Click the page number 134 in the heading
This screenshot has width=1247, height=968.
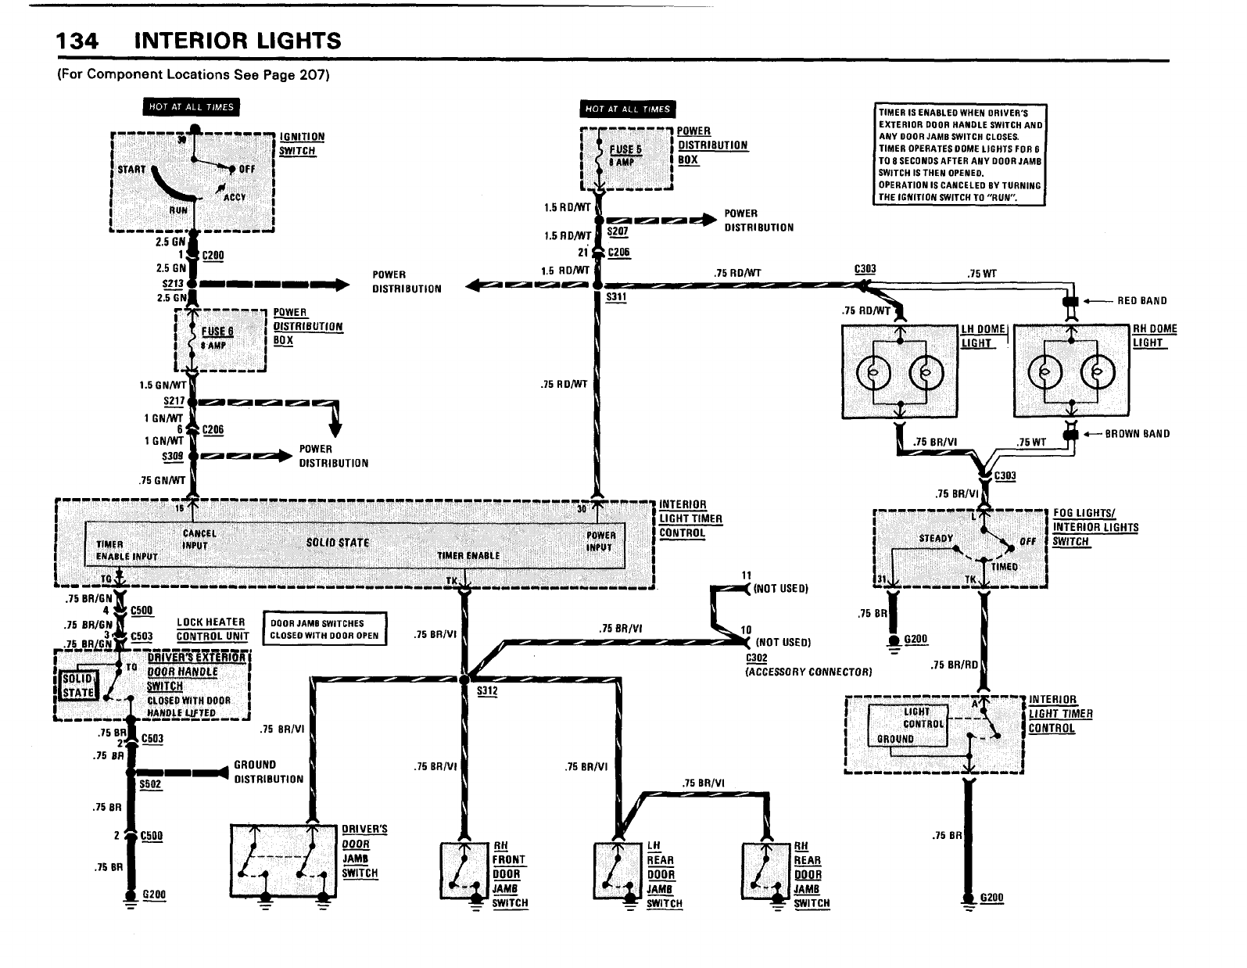pos(77,41)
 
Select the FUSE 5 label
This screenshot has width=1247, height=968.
pos(625,149)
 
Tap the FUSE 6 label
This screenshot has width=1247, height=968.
pos(217,332)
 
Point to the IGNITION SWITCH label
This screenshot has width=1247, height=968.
pos(301,144)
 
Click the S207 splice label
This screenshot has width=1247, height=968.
pos(617,232)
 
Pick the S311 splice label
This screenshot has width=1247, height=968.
pos(616,297)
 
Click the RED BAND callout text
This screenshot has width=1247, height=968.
pos(1141,301)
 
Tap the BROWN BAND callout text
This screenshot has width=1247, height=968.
pos(1137,434)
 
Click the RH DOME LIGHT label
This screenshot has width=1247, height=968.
pos(1154,336)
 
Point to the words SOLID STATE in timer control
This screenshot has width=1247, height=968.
pos(338,543)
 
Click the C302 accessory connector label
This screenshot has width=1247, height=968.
pos(757,658)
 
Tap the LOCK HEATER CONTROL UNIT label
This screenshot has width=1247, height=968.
pos(212,629)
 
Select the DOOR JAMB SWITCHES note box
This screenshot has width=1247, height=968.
pos(324,629)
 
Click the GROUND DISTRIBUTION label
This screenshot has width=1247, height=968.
pos(268,772)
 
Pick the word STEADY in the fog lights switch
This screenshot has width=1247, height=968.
pos(936,538)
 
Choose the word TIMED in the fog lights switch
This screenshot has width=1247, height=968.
pos(1005,567)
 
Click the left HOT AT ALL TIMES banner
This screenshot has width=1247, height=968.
pos(191,107)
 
